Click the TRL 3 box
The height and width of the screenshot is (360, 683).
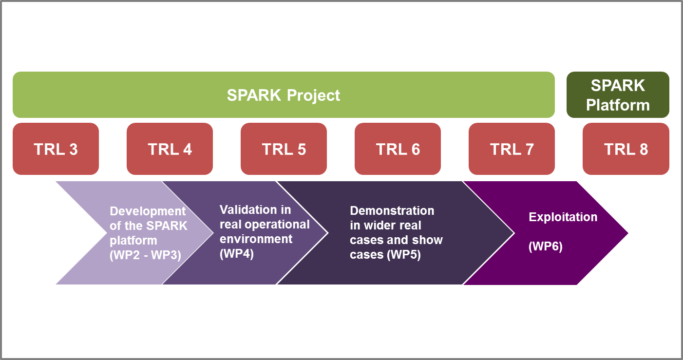click(56, 149)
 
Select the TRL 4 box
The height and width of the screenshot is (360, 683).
click(170, 149)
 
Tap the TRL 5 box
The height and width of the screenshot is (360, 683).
click(284, 149)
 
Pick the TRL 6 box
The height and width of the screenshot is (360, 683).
click(398, 149)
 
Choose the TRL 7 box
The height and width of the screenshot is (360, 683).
click(512, 149)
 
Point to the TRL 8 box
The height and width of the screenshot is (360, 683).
click(626, 149)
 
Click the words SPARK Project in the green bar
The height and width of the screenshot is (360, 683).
click(284, 95)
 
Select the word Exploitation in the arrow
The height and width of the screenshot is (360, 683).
click(563, 217)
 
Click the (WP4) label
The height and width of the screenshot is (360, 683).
click(237, 254)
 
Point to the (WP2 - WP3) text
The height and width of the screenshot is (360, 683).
click(145, 255)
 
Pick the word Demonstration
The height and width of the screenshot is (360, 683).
click(392, 211)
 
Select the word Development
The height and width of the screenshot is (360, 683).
click(148, 211)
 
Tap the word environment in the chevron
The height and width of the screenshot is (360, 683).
click(256, 239)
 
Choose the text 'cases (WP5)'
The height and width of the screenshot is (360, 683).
click(385, 255)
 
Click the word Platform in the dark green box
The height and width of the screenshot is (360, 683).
click(618, 105)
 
